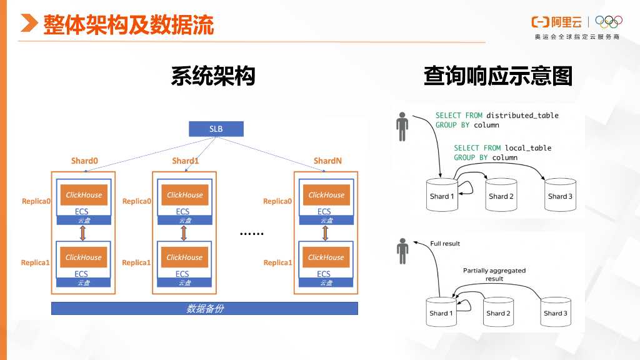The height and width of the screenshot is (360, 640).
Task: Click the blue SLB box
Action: pos(216,129)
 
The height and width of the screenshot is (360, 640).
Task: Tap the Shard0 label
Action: pos(84,161)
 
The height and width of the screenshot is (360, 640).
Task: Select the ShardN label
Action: pos(327,161)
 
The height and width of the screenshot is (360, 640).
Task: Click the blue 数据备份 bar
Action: pos(204,308)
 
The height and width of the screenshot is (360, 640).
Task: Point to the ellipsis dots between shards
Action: pos(252,234)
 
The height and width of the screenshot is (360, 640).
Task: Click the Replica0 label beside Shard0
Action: pos(36,201)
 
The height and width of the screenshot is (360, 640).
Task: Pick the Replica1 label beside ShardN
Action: pos(277,262)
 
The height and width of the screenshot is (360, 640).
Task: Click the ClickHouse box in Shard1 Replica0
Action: pos(184,195)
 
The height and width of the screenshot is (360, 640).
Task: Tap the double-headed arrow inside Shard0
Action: pos(82,233)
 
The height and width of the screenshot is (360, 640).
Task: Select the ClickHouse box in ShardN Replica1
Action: pos(326,257)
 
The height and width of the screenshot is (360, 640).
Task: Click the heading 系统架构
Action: pos(213,76)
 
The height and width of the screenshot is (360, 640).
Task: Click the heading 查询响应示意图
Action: pos(498,76)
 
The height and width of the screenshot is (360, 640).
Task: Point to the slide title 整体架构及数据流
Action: pos(128,25)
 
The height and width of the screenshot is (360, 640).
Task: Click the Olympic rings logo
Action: pos(609,22)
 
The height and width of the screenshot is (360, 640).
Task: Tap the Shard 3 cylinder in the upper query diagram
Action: pos(561,194)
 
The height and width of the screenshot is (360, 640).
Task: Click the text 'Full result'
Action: pos(445,243)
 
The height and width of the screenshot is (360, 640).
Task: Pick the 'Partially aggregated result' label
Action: pos(494,274)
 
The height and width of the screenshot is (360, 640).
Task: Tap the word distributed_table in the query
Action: pos(522,116)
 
